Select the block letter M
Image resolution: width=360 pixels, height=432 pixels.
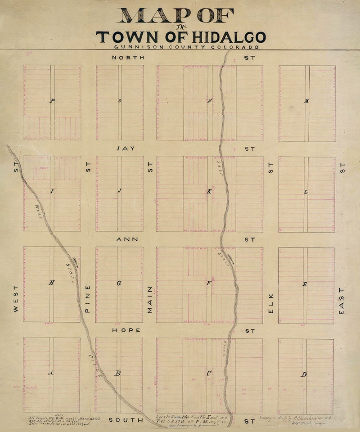[306, 101]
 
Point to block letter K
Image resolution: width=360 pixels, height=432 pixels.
[209, 191]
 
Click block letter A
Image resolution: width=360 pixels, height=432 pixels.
[51, 373]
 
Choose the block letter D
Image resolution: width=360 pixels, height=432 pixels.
[304, 374]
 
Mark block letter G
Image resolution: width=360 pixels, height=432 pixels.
[119, 283]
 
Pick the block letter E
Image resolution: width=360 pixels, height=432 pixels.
[305, 284]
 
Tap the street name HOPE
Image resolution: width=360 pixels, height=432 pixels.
[126, 330]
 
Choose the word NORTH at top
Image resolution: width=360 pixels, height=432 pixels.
[128, 58]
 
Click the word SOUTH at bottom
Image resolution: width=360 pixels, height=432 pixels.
[126, 420]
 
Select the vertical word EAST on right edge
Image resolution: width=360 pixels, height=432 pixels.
[341, 300]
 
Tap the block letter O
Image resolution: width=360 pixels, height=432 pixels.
[120, 101]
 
